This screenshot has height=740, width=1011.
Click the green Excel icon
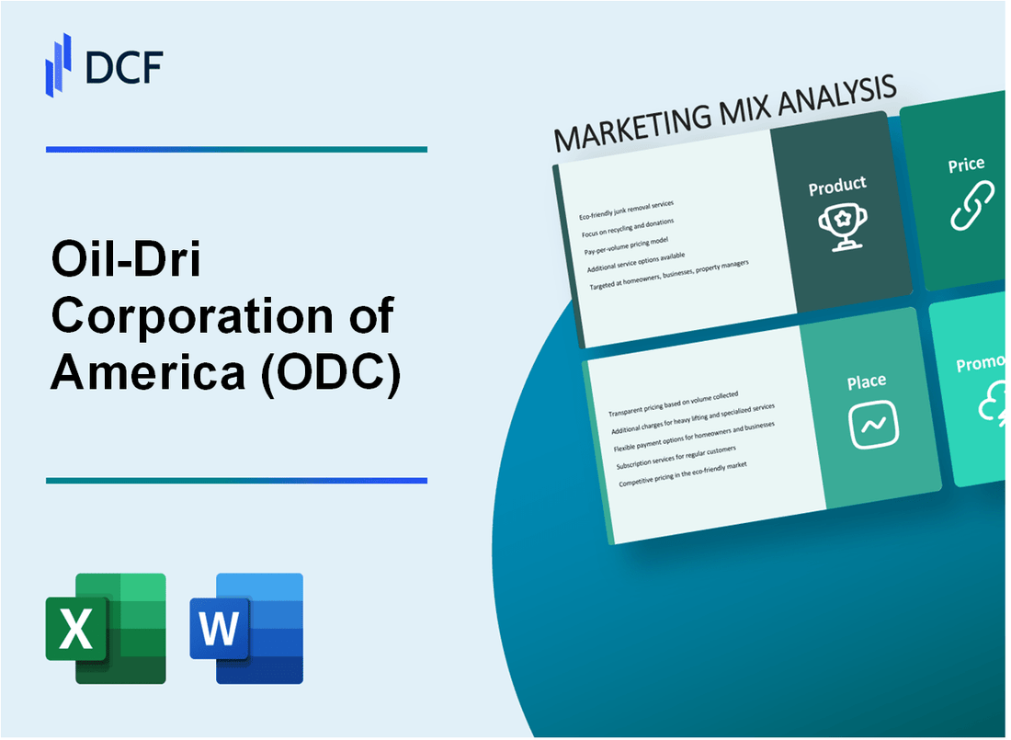tap(106, 628)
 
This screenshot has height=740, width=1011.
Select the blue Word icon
tap(246, 628)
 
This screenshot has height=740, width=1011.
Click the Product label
tap(836, 187)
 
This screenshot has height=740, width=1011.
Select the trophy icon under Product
tap(837, 226)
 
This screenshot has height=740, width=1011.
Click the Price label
tap(966, 165)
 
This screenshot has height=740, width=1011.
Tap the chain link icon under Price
tap(971, 207)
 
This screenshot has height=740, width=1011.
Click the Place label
tap(867, 381)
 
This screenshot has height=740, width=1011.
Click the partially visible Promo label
tap(982, 364)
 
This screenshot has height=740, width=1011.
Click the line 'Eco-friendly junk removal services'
tap(627, 210)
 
